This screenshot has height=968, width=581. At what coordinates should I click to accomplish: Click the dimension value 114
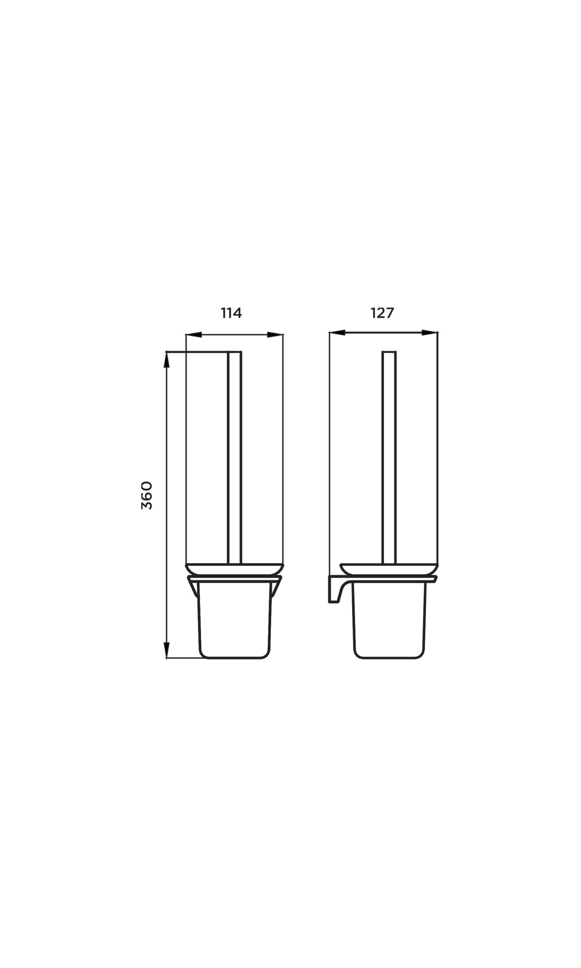tap(231, 313)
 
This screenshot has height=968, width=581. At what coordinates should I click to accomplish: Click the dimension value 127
tap(382, 313)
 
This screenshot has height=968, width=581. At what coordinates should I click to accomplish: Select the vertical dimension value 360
tap(146, 495)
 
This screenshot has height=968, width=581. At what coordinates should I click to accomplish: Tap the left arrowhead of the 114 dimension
tap(194, 335)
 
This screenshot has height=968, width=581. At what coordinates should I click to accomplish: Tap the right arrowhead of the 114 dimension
tap(275, 335)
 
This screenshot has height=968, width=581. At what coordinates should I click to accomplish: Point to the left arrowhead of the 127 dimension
tap(337, 333)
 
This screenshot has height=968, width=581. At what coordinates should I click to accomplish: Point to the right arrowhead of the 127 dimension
tap(429, 333)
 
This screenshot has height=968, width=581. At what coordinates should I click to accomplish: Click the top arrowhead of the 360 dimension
tap(166, 360)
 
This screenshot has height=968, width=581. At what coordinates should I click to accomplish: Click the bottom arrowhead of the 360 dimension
tap(166, 650)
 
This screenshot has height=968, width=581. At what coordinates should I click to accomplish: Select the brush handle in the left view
tap(235, 458)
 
